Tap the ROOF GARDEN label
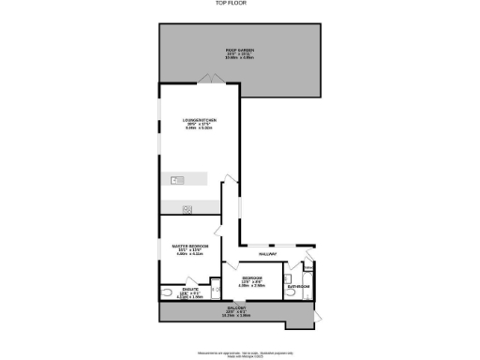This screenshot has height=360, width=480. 240,49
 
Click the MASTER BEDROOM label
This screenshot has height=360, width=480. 189,246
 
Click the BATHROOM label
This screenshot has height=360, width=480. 298,285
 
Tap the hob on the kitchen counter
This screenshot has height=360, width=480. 187,208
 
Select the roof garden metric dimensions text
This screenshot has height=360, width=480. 240,57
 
